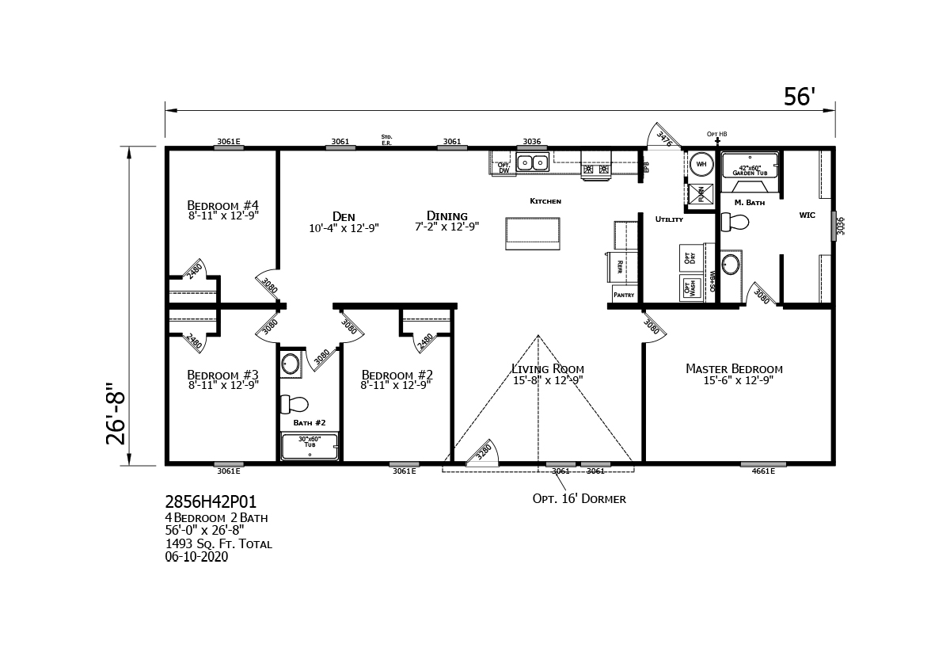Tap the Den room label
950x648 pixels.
344,217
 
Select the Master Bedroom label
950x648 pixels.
734,369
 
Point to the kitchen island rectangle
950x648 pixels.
533,233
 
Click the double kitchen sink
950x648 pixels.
532,163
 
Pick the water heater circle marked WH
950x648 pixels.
701,165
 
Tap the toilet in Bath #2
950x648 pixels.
294,404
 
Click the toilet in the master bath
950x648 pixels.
735,222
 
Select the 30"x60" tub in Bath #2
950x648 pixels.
310,447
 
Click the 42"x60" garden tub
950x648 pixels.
749,166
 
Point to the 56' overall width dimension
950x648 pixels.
799,97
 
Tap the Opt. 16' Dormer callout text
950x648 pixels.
579,499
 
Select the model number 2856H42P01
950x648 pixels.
211,502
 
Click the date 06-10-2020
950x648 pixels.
196,557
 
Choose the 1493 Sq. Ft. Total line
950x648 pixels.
218,544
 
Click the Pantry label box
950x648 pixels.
624,295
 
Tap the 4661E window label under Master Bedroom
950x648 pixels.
763,472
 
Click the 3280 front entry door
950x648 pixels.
482,452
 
